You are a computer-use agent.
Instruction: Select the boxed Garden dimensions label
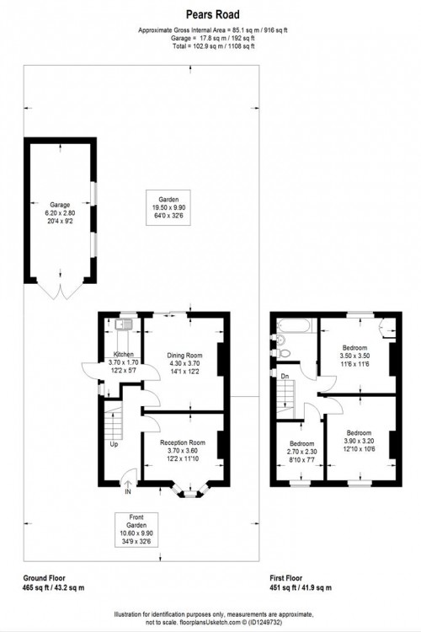(168, 207)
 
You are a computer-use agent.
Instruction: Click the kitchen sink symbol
(123, 324)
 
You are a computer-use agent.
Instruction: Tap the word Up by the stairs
(115, 445)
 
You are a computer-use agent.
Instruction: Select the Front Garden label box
(136, 530)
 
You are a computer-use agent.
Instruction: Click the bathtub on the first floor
(294, 325)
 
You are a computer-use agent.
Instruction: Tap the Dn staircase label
(285, 376)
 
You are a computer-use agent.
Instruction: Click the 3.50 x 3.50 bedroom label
(354, 356)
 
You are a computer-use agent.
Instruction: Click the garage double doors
(61, 289)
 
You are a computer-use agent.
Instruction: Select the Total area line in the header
(214, 46)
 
